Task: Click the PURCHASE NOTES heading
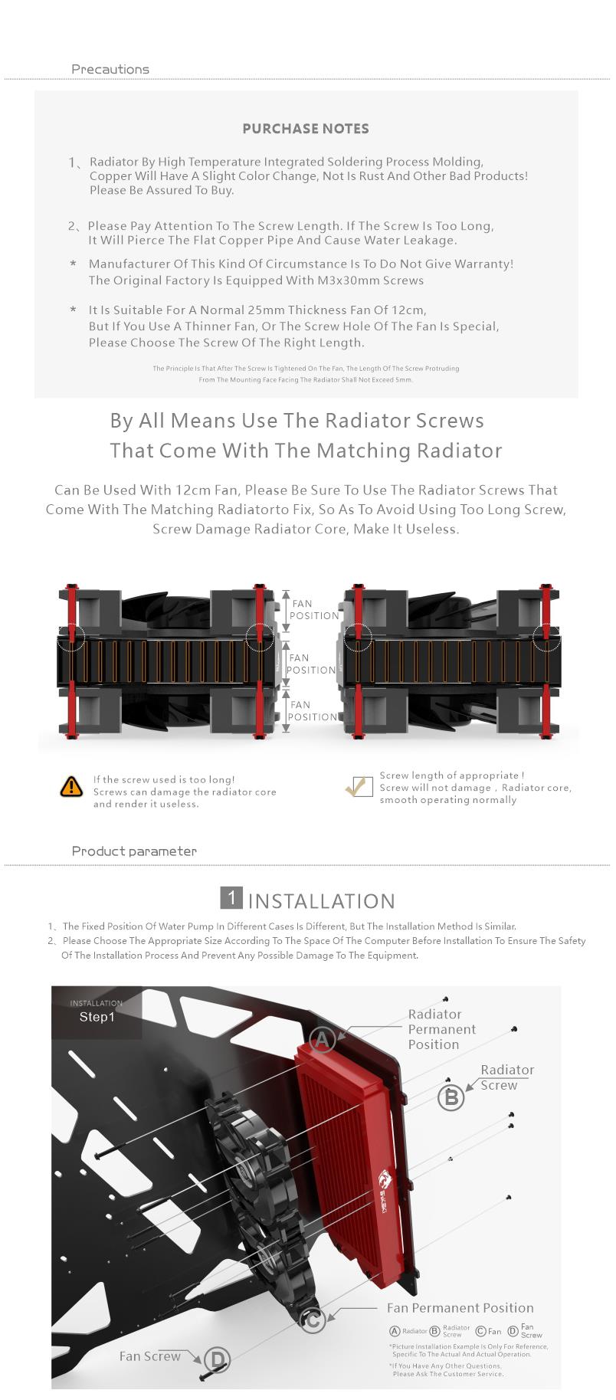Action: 306,129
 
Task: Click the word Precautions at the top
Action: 110,69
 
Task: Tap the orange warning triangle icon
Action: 71,786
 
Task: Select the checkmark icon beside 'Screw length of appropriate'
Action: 359,786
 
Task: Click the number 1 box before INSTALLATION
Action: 231,898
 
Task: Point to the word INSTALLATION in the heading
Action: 322,901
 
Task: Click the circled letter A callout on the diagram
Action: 323,1040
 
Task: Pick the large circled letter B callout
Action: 451,1098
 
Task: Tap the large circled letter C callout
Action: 313,1320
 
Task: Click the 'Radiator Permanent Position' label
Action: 442,1029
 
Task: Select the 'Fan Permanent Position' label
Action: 460,1308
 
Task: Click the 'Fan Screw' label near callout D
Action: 149,1356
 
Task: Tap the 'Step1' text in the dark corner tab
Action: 97,1017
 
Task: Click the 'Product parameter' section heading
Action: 134,851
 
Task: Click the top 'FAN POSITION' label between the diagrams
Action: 314,610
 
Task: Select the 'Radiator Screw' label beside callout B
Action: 506,1077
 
